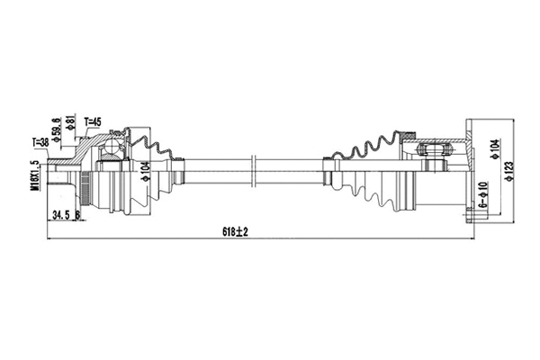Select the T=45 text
click(x=94, y=122)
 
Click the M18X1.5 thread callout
click(x=33, y=175)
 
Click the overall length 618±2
click(x=236, y=231)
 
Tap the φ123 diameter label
click(x=509, y=170)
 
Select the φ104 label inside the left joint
click(x=144, y=171)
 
